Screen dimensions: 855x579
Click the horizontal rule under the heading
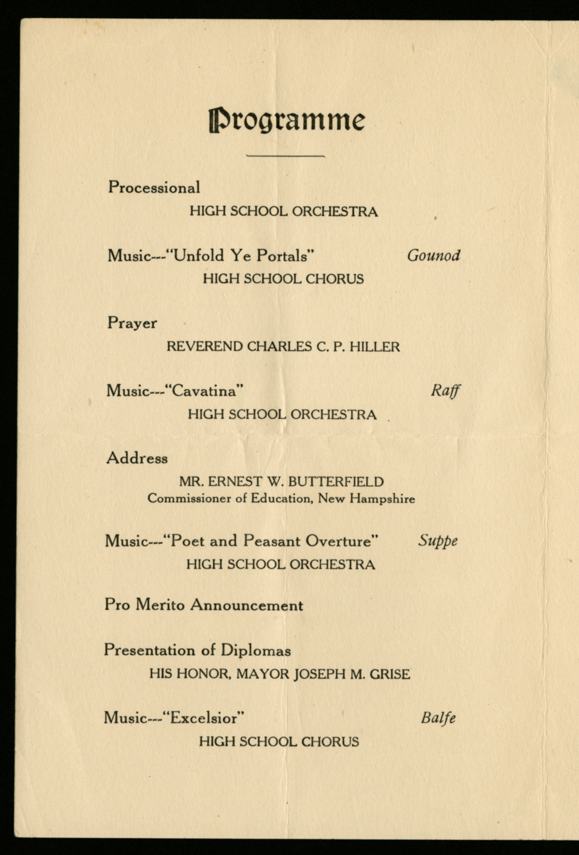click(285, 156)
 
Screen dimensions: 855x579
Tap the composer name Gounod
click(433, 255)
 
